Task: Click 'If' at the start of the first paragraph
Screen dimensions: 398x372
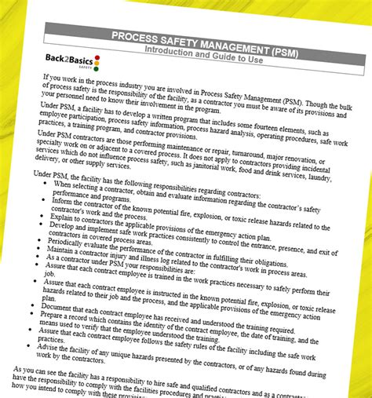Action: click(47, 78)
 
